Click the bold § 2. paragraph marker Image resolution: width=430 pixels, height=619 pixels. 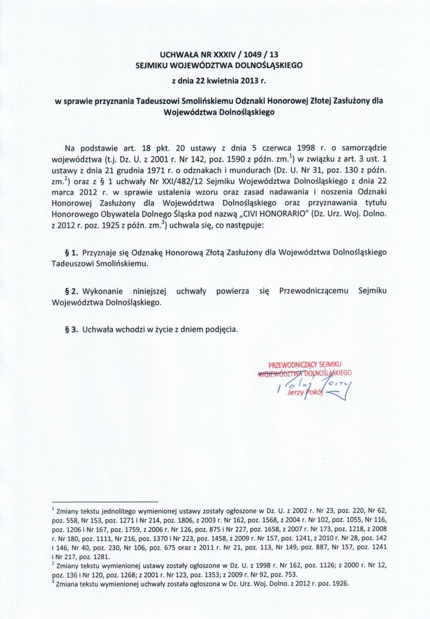coord(71,291)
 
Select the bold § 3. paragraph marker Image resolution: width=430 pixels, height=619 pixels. coord(71,330)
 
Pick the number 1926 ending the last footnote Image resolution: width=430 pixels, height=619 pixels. coord(340,584)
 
